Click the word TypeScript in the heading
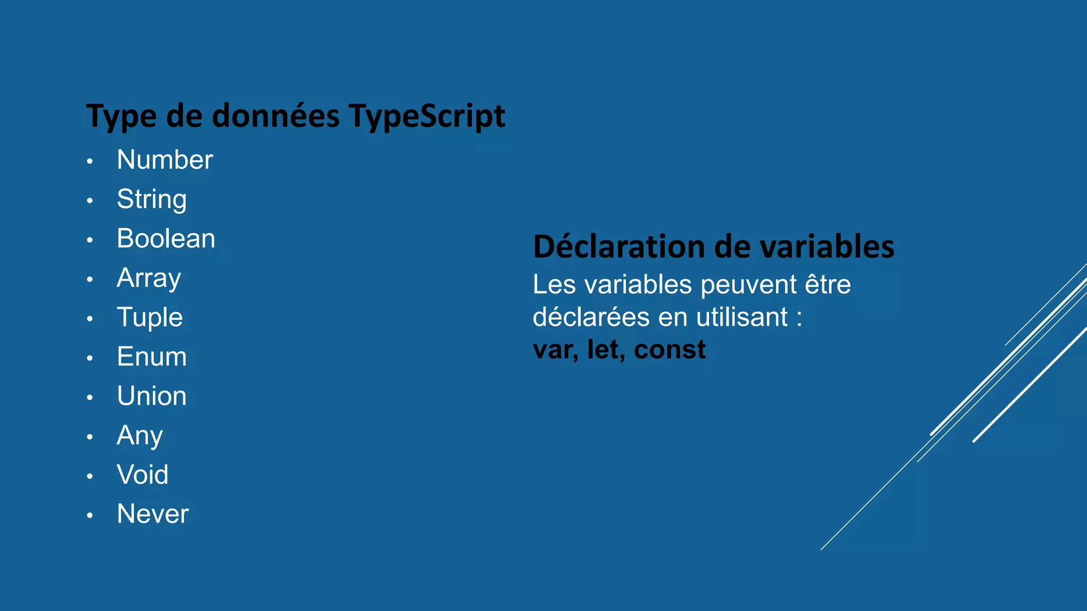click(x=427, y=116)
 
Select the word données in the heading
click(x=275, y=116)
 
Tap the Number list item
click(x=165, y=160)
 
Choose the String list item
click(x=152, y=199)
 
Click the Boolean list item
click(x=166, y=239)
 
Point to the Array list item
click(x=149, y=278)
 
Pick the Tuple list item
click(x=150, y=317)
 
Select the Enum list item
click(x=152, y=356)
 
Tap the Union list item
click(x=152, y=396)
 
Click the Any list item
click(x=140, y=435)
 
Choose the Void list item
click(x=143, y=475)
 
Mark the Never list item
click(x=153, y=514)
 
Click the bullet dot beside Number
click(x=90, y=161)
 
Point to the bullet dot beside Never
click(x=90, y=516)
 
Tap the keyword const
click(x=670, y=350)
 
